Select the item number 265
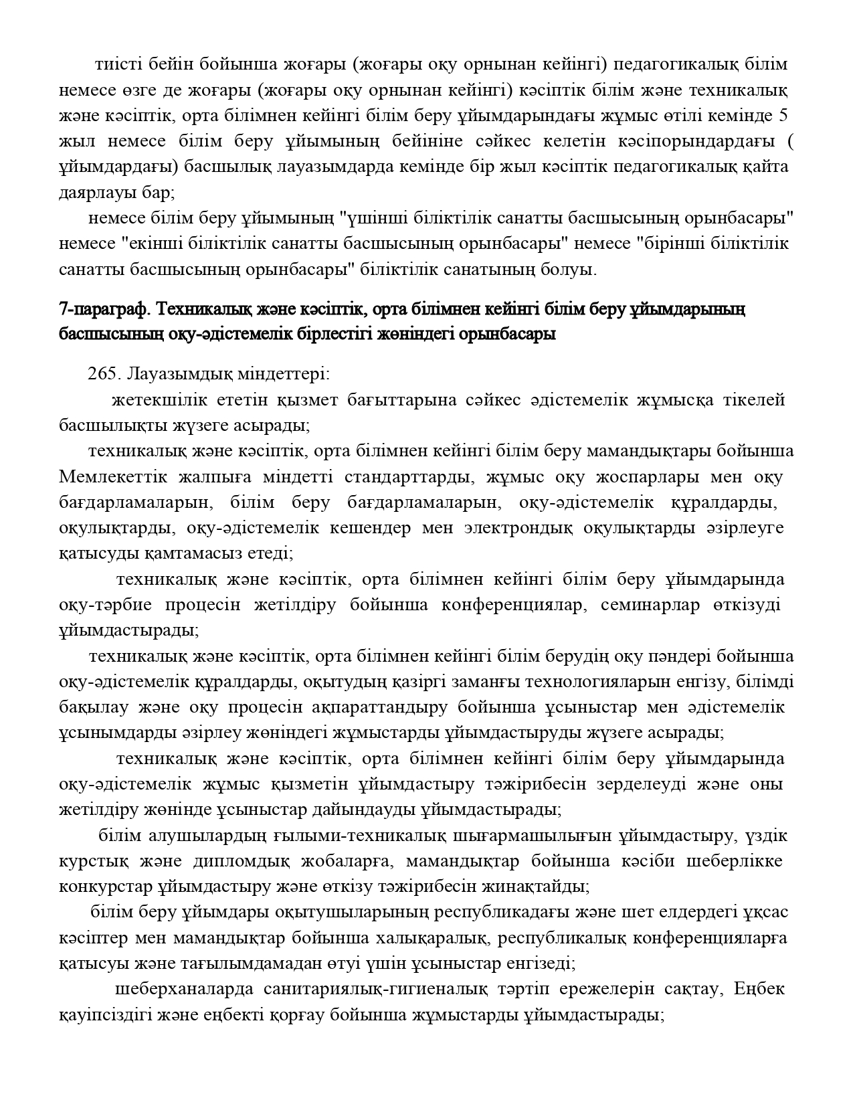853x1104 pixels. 102,374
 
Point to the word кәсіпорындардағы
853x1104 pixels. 697,141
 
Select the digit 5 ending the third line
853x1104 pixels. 783,116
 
